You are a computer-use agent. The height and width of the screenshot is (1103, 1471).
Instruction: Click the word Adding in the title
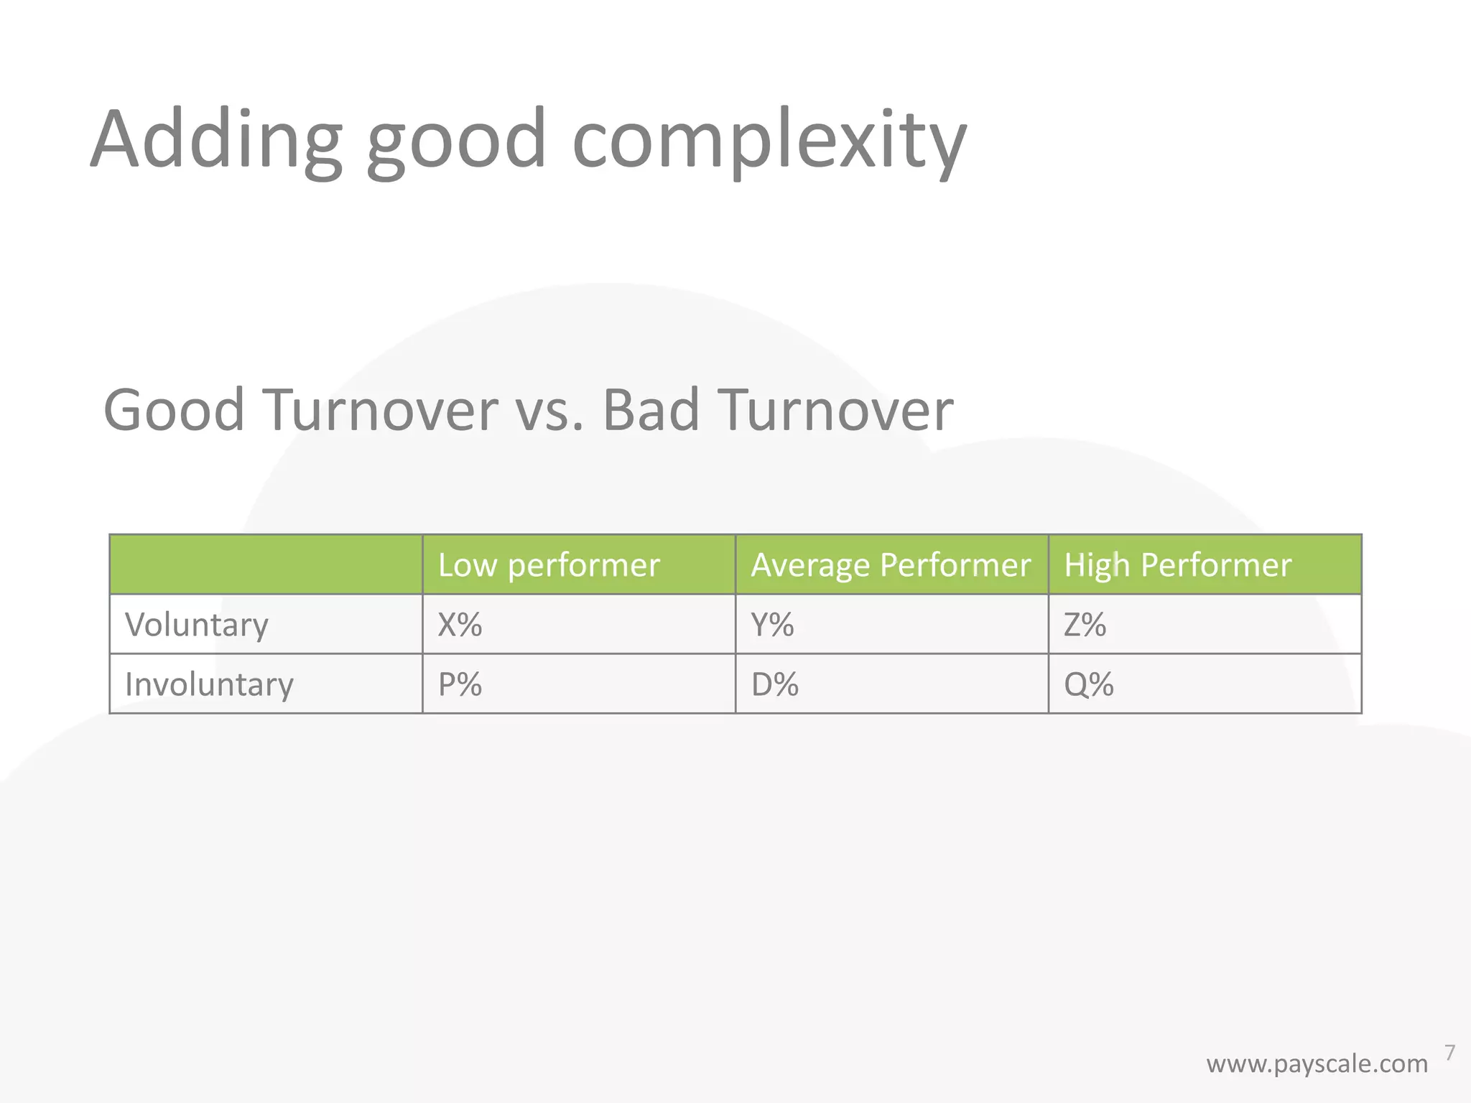pyautogui.click(x=215, y=140)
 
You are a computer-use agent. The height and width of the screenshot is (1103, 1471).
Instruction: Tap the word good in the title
pyautogui.click(x=456, y=140)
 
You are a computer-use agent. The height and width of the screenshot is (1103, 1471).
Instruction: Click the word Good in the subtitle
pyautogui.click(x=175, y=410)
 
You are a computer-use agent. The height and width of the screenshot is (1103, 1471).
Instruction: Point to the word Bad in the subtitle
pyautogui.click(x=650, y=410)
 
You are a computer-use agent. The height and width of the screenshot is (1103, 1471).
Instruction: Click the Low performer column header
pyautogui.click(x=549, y=565)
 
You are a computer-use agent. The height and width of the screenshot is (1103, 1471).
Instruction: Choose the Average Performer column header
pyautogui.click(x=891, y=565)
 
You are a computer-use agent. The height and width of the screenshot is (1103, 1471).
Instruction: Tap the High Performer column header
pyautogui.click(x=1177, y=565)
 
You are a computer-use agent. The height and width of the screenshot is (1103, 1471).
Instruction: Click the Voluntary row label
pyautogui.click(x=197, y=625)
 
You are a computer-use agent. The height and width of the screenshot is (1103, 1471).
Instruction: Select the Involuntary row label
pyautogui.click(x=209, y=684)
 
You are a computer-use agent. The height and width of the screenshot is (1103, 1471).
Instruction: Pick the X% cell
pyautogui.click(x=460, y=625)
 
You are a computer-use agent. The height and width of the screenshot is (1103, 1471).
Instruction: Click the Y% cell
pyautogui.click(x=773, y=625)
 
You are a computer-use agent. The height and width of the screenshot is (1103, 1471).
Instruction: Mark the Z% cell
pyautogui.click(x=1085, y=625)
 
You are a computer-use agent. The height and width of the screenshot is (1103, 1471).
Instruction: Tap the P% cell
pyautogui.click(x=460, y=684)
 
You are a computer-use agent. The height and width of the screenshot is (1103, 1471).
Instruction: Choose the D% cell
pyautogui.click(x=775, y=684)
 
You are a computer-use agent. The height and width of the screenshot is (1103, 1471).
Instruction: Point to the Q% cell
pyautogui.click(x=1089, y=684)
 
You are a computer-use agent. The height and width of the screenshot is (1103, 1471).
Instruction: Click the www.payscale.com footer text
pyautogui.click(x=1317, y=1064)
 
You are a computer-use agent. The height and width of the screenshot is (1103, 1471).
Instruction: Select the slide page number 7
pyautogui.click(x=1449, y=1053)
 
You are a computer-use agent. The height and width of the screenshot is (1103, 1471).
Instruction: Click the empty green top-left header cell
pyautogui.click(x=266, y=565)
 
